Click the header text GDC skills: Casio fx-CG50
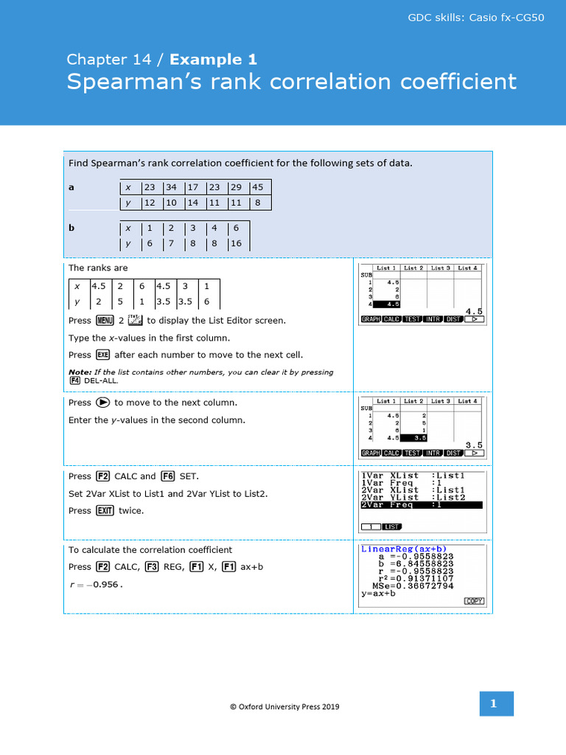point(476,17)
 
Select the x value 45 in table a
point(258,187)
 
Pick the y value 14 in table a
point(192,203)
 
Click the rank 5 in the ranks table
point(120,301)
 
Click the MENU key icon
point(104,321)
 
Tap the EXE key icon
point(103,355)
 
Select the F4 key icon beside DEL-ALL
point(74,381)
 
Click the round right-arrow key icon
point(102,403)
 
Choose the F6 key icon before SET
point(167,476)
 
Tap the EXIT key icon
point(105,510)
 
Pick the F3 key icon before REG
point(152,567)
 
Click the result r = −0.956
point(95,585)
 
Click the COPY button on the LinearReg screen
point(474,601)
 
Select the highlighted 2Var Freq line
point(422,505)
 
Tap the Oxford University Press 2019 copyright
point(284,706)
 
